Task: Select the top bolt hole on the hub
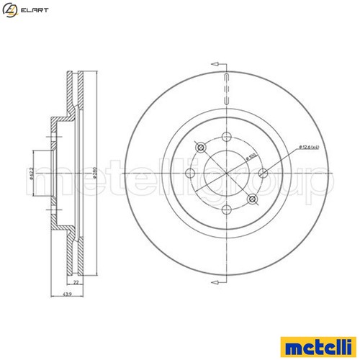pyautogui.click(x=226, y=135)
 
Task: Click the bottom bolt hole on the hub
pyautogui.click(x=226, y=210)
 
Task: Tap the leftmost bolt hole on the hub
pyautogui.click(x=189, y=172)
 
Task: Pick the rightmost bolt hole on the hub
pyautogui.click(x=264, y=172)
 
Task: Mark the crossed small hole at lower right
pyautogui.click(x=251, y=198)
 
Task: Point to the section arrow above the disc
pyautogui.click(x=216, y=63)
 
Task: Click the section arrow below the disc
pyautogui.click(x=216, y=282)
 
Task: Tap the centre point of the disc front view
pyautogui.click(x=226, y=173)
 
